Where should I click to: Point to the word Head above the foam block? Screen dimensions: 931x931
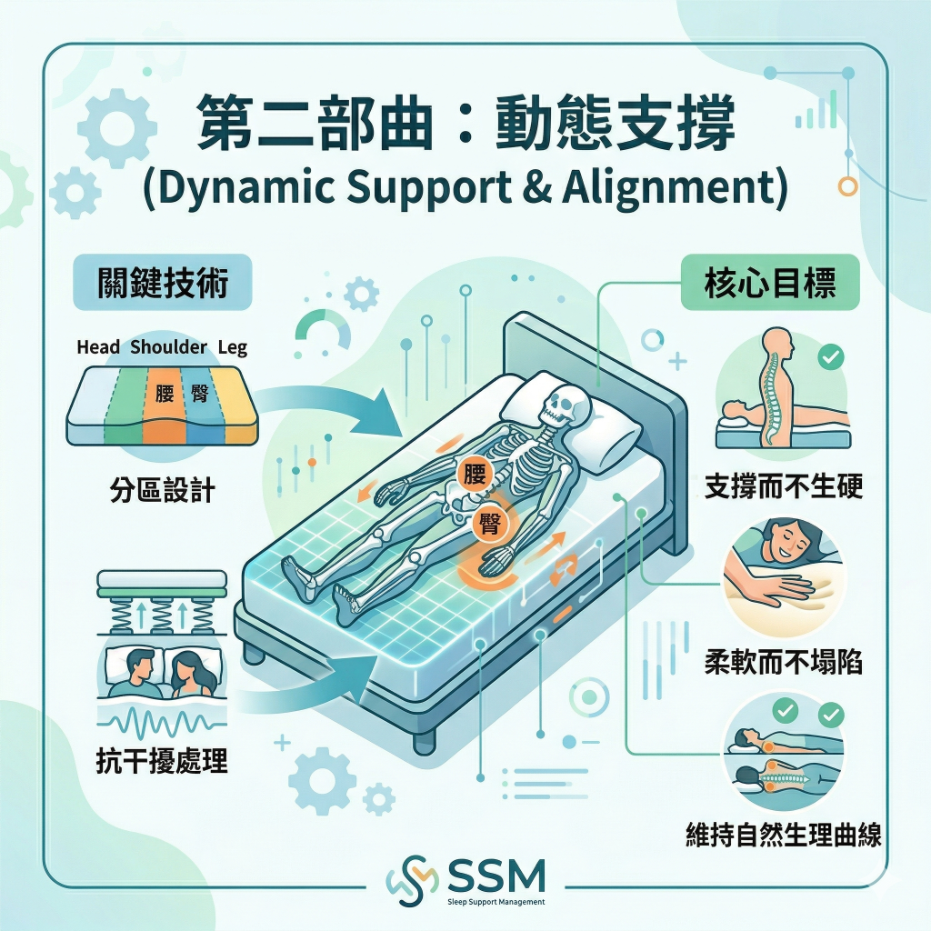click(x=98, y=347)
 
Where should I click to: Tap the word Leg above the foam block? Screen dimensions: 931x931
click(x=232, y=347)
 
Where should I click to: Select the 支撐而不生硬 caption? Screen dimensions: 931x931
click(x=784, y=487)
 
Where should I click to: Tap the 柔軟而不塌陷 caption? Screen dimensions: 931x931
click(x=784, y=662)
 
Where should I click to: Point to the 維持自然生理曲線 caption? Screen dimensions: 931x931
click(x=784, y=836)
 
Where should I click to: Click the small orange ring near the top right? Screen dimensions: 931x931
click(x=847, y=186)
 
